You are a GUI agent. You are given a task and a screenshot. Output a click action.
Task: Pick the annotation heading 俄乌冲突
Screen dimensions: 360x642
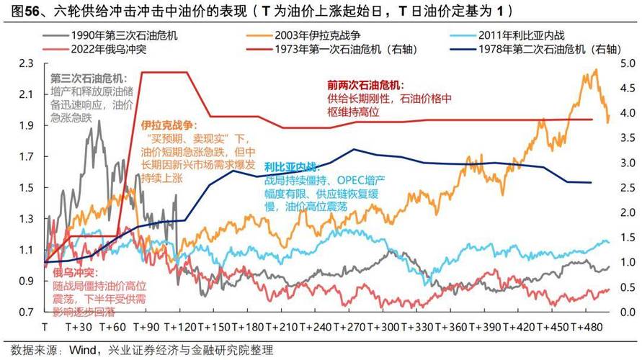(x=75, y=274)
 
